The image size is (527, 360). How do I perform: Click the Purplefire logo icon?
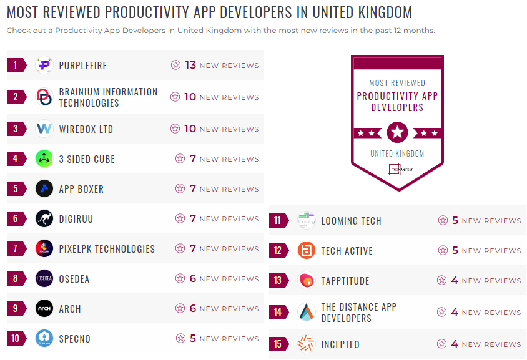click(x=44, y=65)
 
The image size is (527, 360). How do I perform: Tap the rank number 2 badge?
click(x=16, y=97)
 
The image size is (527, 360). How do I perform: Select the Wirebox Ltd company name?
click(x=86, y=129)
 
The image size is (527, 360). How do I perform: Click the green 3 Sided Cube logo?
click(x=44, y=158)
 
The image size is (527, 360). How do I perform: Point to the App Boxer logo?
click(x=44, y=188)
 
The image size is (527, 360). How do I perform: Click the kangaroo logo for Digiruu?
click(x=44, y=219)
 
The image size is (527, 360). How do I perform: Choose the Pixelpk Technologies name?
click(x=107, y=249)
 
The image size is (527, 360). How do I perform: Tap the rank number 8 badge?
click(x=16, y=279)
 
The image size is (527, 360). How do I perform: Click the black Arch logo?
click(x=44, y=309)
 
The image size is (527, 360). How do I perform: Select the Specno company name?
click(x=74, y=339)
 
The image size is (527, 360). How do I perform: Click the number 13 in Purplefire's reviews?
click(x=190, y=65)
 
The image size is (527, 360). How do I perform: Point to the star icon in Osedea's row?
click(x=180, y=279)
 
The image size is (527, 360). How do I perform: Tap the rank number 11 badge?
click(x=278, y=221)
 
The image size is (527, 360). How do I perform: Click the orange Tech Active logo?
click(x=306, y=251)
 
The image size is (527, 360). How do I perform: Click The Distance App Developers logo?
click(x=306, y=312)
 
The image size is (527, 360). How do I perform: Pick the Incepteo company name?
click(x=340, y=344)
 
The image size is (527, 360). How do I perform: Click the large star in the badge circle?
click(x=397, y=132)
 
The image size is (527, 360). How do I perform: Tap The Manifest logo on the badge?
click(x=397, y=168)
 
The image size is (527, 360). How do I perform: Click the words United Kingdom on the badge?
click(x=397, y=153)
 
